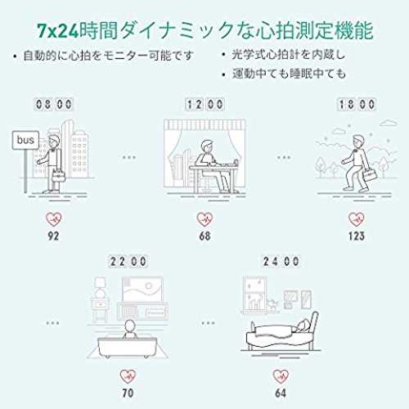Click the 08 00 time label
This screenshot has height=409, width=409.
[54, 104]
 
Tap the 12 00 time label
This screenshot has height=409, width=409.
[204, 104]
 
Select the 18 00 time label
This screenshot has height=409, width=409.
[357, 104]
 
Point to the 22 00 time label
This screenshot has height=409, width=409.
[128, 262]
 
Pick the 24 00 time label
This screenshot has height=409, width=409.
[281, 262]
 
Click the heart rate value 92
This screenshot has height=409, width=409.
[53, 236]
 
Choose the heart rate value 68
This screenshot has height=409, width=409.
[204, 236]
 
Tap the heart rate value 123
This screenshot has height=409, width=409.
[357, 236]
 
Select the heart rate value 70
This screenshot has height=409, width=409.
[128, 393]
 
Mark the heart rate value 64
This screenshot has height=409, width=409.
[281, 393]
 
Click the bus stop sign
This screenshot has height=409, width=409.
[25, 140]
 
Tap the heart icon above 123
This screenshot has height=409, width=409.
[357, 219]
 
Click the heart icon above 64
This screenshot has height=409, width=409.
[281, 376]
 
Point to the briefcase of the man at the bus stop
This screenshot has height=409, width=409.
[58, 176]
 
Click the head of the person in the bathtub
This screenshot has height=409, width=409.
[129, 326]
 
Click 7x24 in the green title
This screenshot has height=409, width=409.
[58, 30]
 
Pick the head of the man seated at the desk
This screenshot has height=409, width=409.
[208, 147]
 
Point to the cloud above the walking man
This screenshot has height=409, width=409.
[389, 124]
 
